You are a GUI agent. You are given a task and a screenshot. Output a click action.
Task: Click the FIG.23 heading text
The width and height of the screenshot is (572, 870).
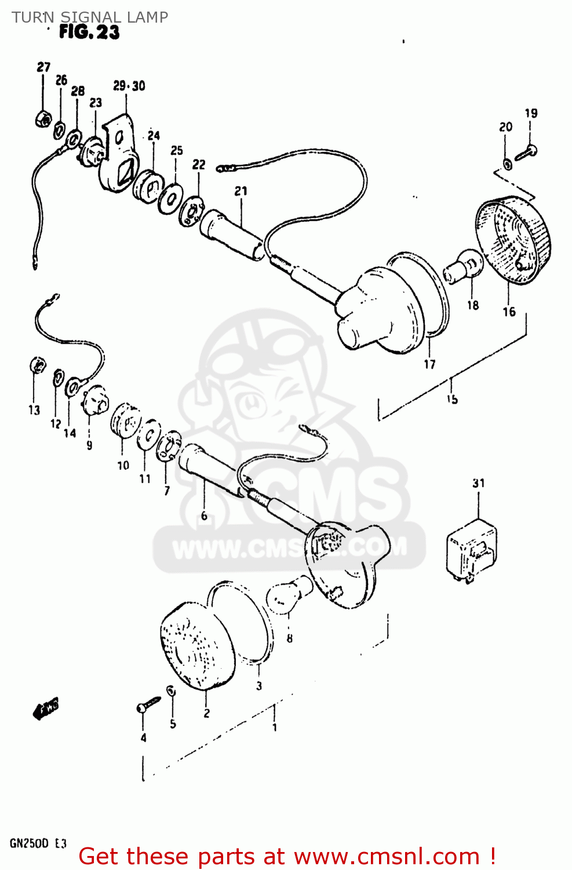pyautogui.click(x=89, y=32)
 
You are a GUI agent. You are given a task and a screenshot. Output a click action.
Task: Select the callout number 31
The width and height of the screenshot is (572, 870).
pyautogui.click(x=478, y=483)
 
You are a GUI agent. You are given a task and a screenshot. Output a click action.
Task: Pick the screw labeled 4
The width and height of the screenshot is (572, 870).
pyautogui.click(x=148, y=705)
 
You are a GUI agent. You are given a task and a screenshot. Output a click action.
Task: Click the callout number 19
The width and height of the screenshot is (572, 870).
pyautogui.click(x=531, y=113)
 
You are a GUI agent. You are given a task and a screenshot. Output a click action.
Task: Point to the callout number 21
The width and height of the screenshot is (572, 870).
pyautogui.click(x=241, y=191)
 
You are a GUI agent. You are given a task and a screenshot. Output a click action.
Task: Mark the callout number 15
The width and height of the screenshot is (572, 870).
pyautogui.click(x=452, y=399)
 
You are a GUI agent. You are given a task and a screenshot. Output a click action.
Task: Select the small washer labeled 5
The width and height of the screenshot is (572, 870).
pyautogui.click(x=171, y=690)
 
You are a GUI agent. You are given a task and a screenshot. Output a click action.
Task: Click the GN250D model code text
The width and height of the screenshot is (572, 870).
pyautogui.click(x=29, y=843)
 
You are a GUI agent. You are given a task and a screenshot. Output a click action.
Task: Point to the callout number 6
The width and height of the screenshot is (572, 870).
pyautogui.click(x=204, y=516)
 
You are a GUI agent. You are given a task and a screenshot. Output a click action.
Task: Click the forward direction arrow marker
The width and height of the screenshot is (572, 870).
pyautogui.click(x=46, y=709)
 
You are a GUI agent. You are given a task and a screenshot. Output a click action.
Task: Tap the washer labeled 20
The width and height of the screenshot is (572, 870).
pyautogui.click(x=507, y=164)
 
